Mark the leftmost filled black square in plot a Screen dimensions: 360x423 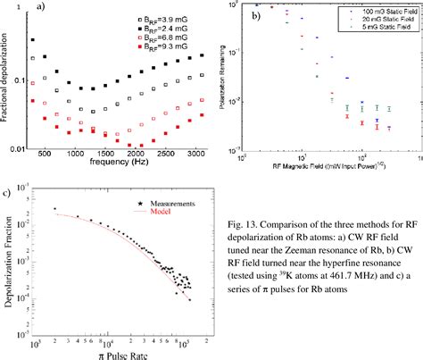33,40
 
